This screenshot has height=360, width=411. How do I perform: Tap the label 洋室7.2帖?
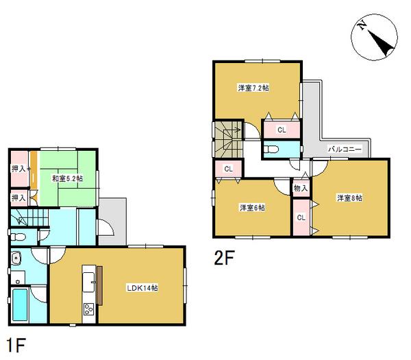point(253,88)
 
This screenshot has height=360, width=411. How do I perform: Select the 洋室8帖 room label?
point(349,198)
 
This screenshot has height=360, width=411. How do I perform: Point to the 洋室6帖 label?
point(252,207)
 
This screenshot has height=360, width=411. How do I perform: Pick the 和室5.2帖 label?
point(67,179)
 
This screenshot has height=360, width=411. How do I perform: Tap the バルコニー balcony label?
point(345,148)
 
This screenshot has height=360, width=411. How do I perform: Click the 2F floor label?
point(224,259)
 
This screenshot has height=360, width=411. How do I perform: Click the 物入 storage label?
point(300,187)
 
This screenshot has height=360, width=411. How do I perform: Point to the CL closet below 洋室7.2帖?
point(282,130)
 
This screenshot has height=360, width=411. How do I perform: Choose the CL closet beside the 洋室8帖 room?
point(301,217)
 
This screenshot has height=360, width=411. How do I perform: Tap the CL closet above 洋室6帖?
point(228,168)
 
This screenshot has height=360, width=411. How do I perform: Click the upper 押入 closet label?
point(19,168)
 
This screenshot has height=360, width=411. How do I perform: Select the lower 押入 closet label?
point(19,197)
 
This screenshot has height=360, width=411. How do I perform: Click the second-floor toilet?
point(271,149)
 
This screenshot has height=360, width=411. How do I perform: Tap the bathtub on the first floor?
point(21,304)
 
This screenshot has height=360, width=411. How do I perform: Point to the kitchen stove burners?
point(88,309)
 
